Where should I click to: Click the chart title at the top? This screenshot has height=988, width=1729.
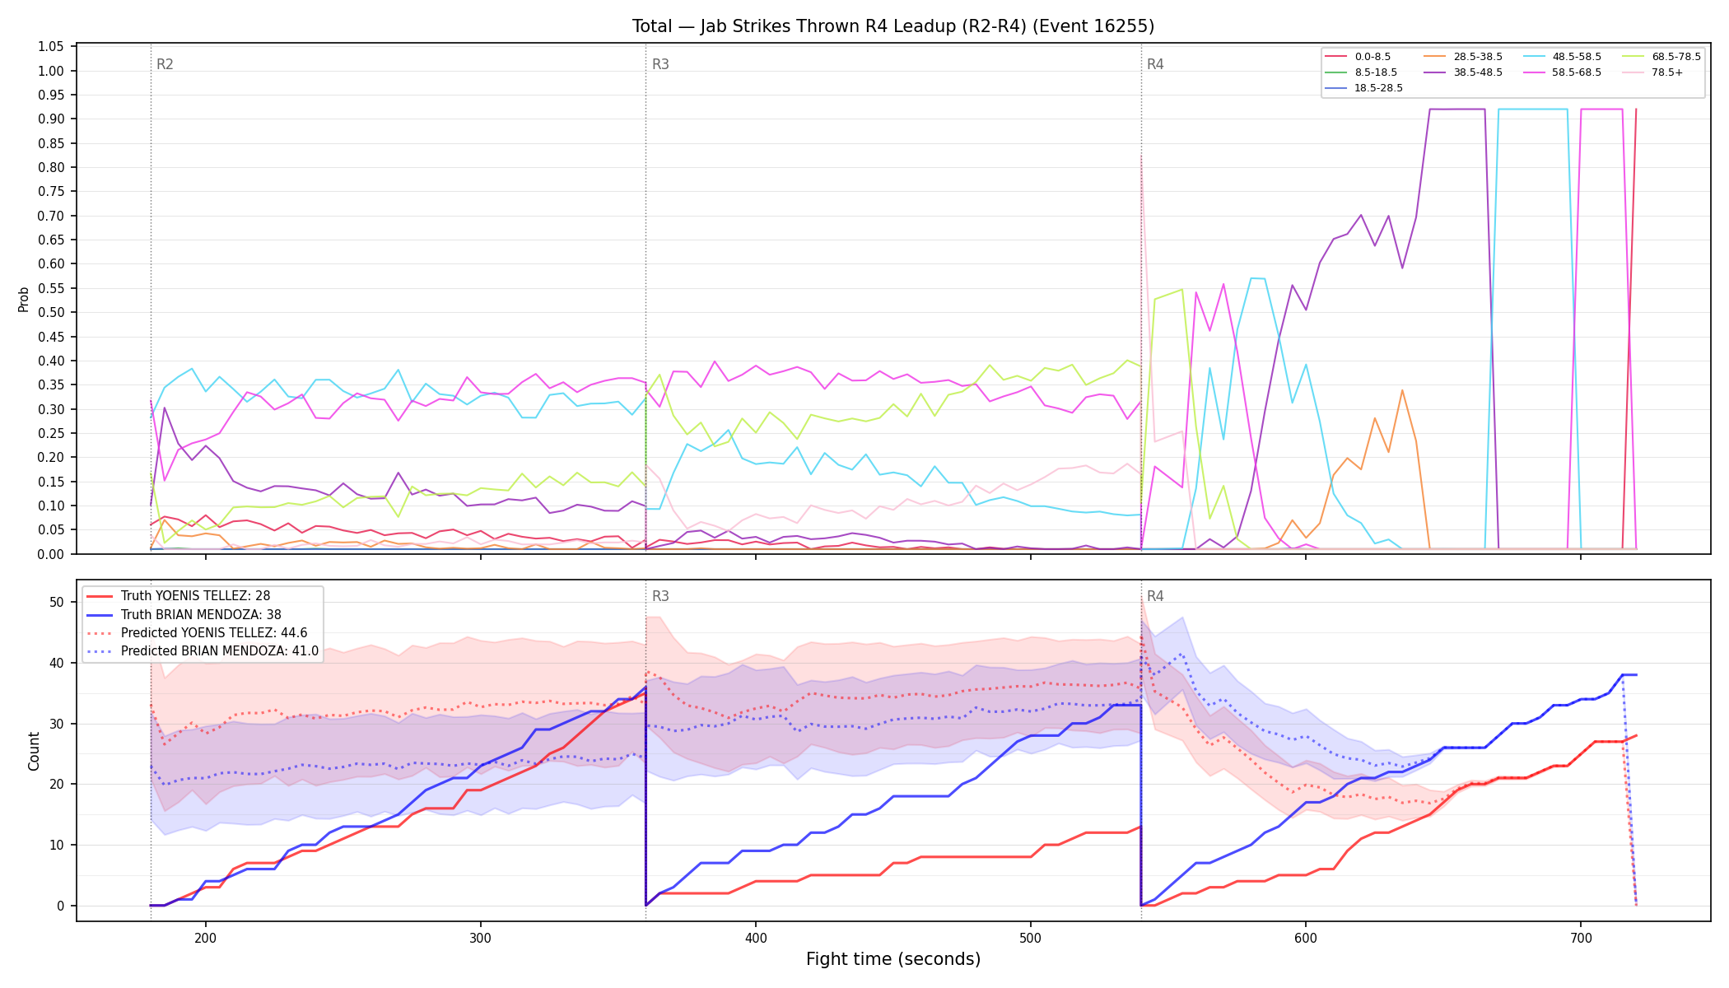coord(893,26)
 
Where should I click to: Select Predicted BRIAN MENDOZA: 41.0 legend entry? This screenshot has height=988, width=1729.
coord(202,651)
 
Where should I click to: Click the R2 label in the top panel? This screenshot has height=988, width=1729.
coord(165,64)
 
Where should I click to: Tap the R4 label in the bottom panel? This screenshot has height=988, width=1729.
coord(1155,596)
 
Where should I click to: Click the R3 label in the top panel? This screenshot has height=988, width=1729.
coord(660,64)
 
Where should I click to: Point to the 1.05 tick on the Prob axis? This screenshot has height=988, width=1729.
coord(51,47)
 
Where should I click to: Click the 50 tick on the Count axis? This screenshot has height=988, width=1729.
coord(57,603)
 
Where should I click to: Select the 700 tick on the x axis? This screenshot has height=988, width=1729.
coord(1581,936)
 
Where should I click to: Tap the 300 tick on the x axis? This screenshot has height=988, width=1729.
coord(481,936)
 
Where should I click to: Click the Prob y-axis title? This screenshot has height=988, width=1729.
coord(24,299)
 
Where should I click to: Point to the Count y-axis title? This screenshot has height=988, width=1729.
coord(34,751)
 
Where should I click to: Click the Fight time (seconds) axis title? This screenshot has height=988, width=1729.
coord(893,959)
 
